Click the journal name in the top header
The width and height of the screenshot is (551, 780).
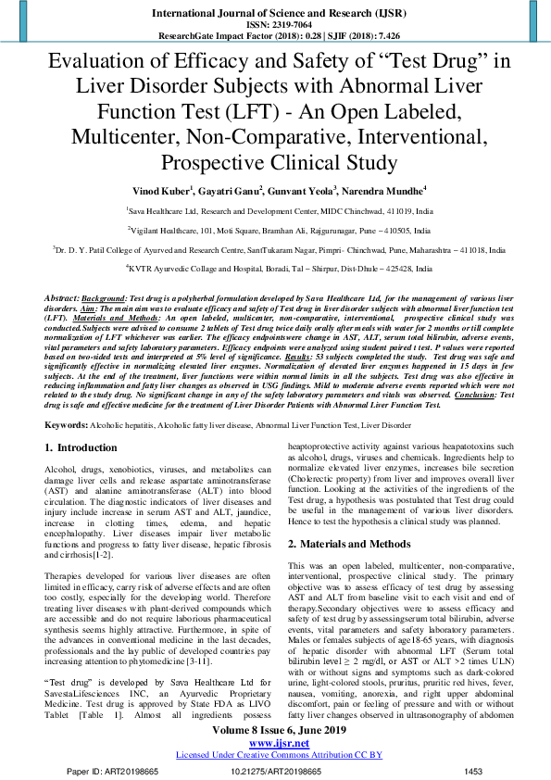tap(275, 13)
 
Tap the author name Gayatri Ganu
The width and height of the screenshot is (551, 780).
tap(227, 190)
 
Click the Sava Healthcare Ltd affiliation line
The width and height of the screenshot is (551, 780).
tap(275, 211)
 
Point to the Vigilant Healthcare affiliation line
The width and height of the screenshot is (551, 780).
tap(275, 230)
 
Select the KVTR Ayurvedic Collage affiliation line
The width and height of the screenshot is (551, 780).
tap(275, 268)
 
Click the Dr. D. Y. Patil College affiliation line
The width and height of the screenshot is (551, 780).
tap(275, 249)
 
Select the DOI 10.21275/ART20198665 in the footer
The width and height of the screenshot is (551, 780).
tap(275, 771)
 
